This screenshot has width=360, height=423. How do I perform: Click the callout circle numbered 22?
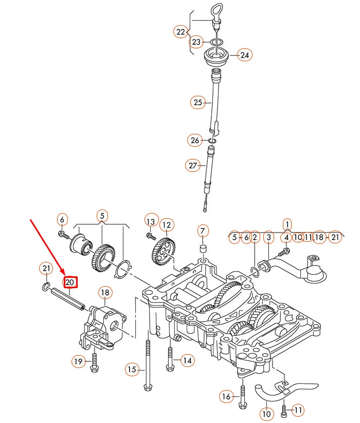click(x=181, y=32)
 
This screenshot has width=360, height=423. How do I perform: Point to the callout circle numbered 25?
click(x=199, y=103)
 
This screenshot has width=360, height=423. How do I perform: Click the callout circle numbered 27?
click(x=192, y=165)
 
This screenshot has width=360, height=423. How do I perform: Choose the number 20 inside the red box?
click(x=70, y=282)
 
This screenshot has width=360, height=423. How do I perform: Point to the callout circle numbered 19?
click(x=78, y=362)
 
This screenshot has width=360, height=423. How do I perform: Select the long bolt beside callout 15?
click(x=148, y=360)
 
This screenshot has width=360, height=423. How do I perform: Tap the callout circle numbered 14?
click(x=187, y=361)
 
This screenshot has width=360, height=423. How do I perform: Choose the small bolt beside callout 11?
click(x=283, y=411)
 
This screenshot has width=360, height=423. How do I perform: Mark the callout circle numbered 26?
click(x=194, y=139)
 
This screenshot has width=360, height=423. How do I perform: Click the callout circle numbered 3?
click(x=268, y=237)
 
